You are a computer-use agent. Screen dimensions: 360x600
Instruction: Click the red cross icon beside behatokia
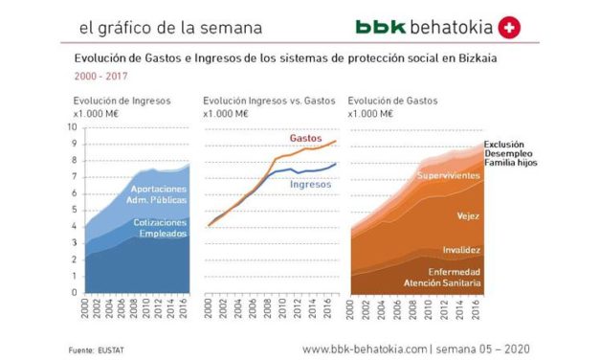[511, 29]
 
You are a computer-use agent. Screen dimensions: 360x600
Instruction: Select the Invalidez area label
[461, 250]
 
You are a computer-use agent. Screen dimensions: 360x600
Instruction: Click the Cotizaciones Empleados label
[159, 227]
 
